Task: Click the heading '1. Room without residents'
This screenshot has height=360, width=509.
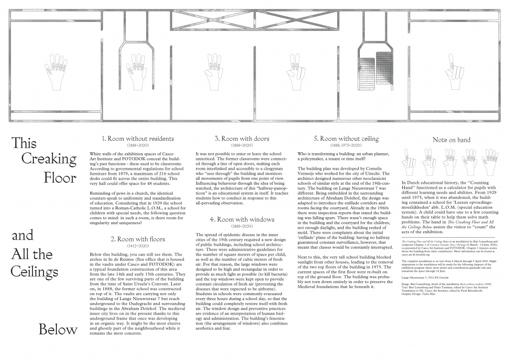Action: click(x=131, y=138)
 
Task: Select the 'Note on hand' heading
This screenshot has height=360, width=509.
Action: click(x=451, y=140)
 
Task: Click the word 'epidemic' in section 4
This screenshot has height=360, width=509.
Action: click(x=227, y=235)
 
